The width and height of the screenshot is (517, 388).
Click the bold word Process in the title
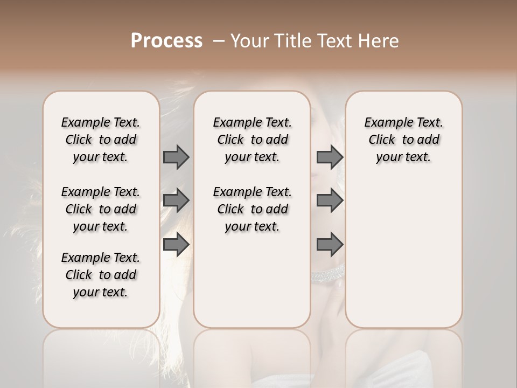[x=166, y=41]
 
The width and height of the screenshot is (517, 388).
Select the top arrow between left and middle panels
[x=176, y=157]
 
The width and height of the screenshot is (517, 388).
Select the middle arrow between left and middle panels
[x=176, y=200]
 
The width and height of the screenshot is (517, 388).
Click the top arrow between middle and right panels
[x=330, y=157]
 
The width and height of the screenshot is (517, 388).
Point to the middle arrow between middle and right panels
[x=330, y=200]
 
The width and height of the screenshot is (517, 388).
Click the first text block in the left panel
[x=101, y=140]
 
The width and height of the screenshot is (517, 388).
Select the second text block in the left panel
[x=101, y=209]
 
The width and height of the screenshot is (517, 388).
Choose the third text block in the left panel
[x=101, y=275]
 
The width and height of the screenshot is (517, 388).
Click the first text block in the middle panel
[x=252, y=140]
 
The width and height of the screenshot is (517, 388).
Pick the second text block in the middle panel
[x=252, y=209]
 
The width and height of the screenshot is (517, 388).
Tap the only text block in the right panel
[x=403, y=140]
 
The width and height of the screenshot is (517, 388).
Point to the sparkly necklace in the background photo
[x=327, y=275]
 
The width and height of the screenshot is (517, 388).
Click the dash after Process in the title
[x=219, y=41]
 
